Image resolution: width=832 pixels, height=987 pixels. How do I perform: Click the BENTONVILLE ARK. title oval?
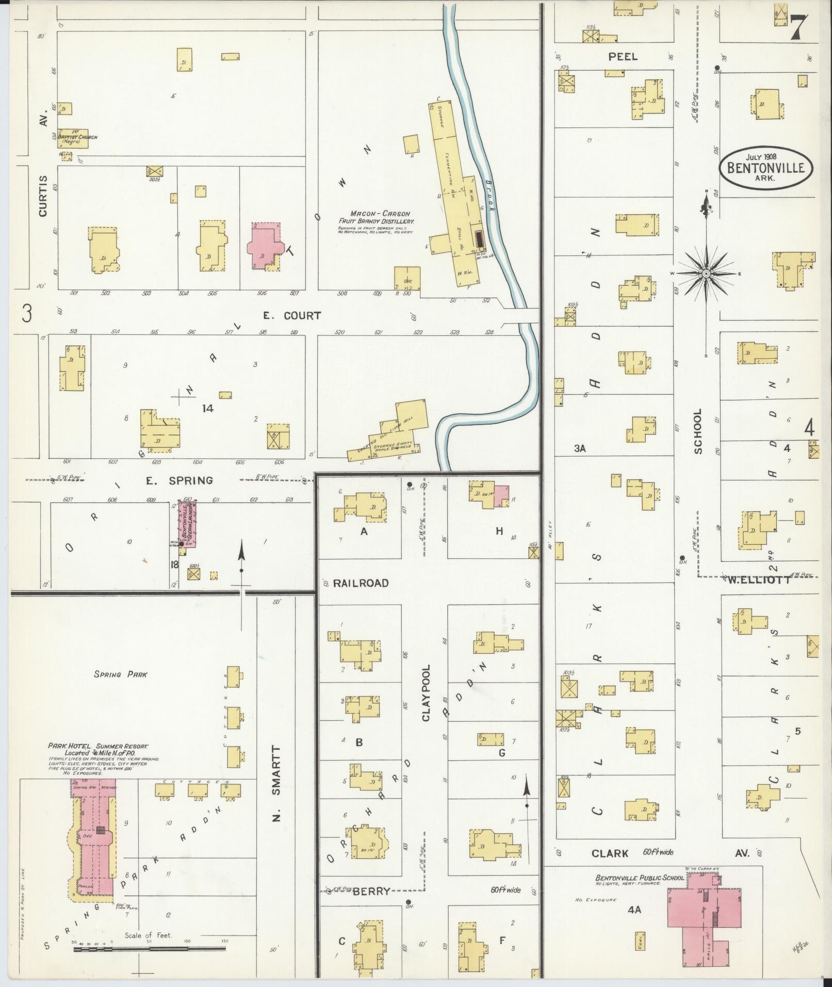[x=766, y=168]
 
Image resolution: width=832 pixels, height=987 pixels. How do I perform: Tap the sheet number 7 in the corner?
[x=798, y=28]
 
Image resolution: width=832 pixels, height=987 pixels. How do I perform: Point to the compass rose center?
[x=705, y=273]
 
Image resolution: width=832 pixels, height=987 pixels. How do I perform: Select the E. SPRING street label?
[x=179, y=481]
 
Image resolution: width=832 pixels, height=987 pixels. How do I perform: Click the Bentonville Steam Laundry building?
[x=188, y=523]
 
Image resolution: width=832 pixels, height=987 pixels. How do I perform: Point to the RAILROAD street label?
[x=361, y=583]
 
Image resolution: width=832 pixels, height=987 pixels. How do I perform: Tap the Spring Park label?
[x=120, y=674]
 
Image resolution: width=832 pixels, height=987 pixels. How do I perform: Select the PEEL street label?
[x=623, y=57]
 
